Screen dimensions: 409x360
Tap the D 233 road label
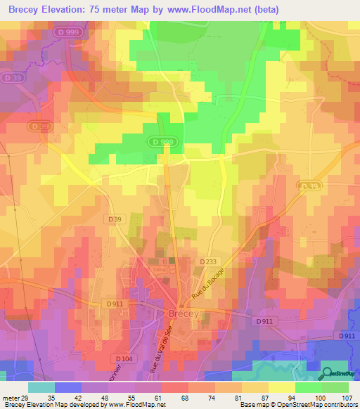[x=208, y=261]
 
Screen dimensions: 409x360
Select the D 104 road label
[x=122, y=358]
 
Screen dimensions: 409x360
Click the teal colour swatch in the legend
[x=41, y=387]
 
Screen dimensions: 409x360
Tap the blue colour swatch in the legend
[x=67, y=387]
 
